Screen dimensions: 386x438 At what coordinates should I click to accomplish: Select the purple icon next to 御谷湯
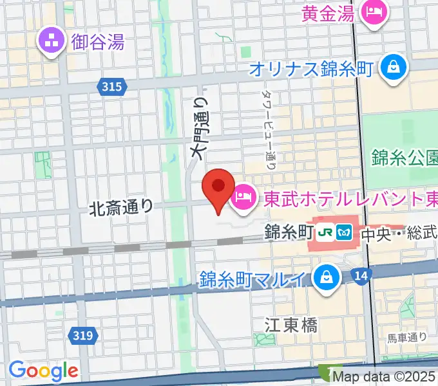(x=49, y=42)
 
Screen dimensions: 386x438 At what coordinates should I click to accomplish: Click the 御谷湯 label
(x=98, y=42)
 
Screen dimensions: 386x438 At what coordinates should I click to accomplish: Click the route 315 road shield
(x=111, y=86)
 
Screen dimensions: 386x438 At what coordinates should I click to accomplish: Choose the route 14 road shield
(x=361, y=276)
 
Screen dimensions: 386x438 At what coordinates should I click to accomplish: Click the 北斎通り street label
(x=122, y=207)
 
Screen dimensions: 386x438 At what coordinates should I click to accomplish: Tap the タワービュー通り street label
(x=269, y=129)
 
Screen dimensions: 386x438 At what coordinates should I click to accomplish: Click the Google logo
(x=43, y=370)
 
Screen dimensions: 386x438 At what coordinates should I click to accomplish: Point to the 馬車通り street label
(x=407, y=336)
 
